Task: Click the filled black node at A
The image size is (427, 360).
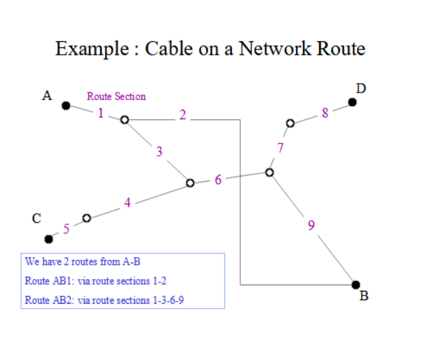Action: [x=66, y=106]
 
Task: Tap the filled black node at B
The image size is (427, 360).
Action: [x=356, y=285]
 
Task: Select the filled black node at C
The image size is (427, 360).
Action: [x=49, y=239]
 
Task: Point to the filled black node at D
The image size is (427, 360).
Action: [x=352, y=102]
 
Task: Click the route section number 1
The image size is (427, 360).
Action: [x=101, y=113]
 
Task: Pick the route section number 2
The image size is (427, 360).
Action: [x=183, y=115]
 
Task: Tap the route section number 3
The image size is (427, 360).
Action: [x=159, y=152]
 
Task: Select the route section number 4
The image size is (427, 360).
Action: [x=128, y=202]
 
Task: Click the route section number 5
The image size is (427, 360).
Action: [x=66, y=229]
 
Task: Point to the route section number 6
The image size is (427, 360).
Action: [x=218, y=180]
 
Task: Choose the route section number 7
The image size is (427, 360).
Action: [x=280, y=148]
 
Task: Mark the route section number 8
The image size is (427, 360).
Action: [x=325, y=113]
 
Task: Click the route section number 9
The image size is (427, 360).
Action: [x=311, y=226]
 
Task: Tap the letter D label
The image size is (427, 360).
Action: [x=361, y=88]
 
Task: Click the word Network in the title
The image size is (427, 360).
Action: [x=275, y=49]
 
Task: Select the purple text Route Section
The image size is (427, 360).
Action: [x=116, y=96]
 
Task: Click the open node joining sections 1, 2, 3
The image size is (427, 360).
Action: [x=125, y=120]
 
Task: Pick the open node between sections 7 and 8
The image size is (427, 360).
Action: [x=290, y=123]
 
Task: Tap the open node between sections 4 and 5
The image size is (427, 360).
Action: [x=86, y=218]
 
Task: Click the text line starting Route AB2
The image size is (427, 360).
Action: [x=104, y=300]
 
